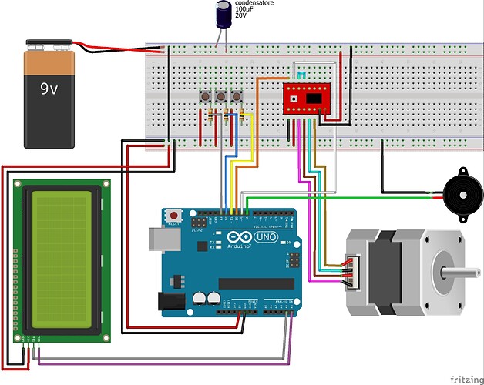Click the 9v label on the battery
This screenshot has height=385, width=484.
[49, 89]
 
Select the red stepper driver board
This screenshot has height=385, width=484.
[305, 98]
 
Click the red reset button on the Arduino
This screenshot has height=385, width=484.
[175, 215]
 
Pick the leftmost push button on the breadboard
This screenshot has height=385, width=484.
[207, 98]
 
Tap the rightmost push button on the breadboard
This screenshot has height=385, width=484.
[237, 98]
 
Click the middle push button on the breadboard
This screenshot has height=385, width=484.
[222, 98]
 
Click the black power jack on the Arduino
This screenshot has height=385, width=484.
[171, 303]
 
